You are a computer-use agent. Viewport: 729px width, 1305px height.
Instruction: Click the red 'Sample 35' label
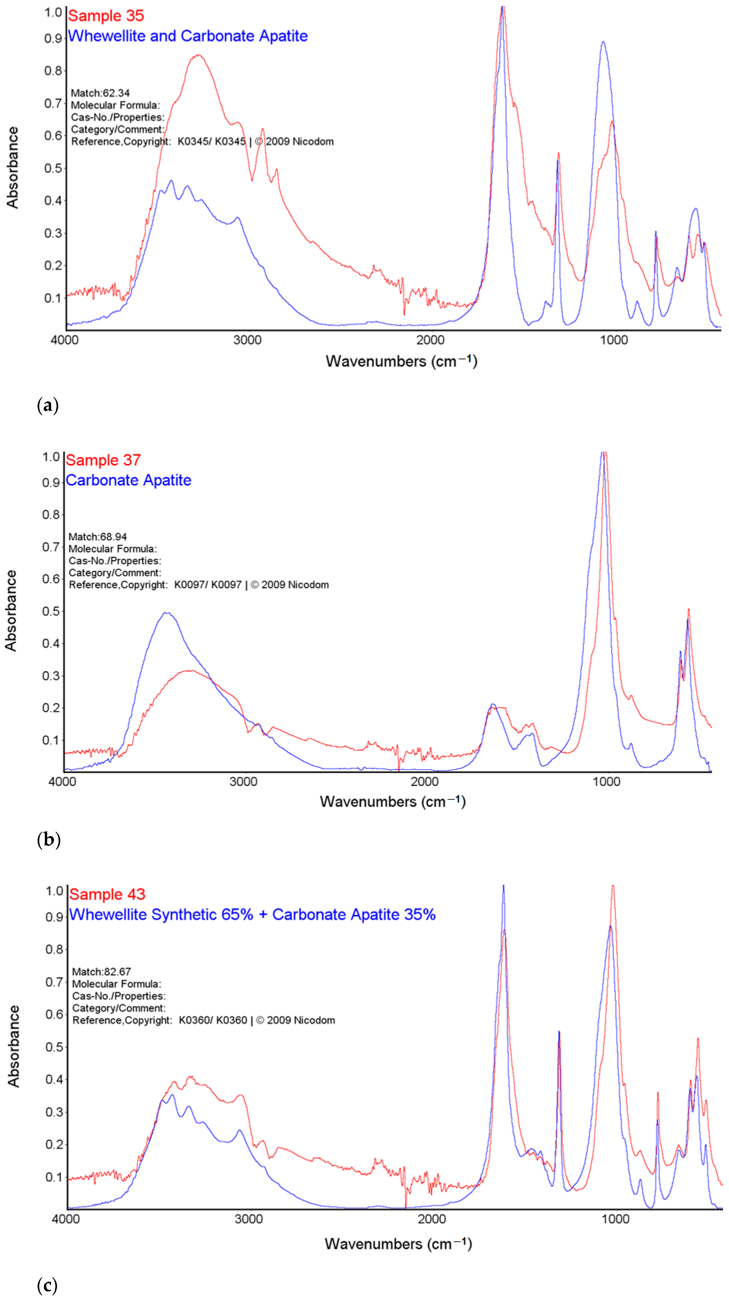pos(106,16)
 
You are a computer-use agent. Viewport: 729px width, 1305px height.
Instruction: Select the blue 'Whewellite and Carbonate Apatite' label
pos(188,36)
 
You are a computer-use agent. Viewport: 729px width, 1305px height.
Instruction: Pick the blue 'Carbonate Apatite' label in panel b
pos(128,480)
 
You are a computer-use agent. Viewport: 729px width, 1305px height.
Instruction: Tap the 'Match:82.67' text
pos(101,972)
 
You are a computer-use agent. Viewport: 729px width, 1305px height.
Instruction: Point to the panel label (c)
pos(47,1285)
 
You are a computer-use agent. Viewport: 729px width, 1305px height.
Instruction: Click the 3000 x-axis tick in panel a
pos(247,340)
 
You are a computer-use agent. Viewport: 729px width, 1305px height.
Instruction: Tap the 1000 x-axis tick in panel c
pos(615,1219)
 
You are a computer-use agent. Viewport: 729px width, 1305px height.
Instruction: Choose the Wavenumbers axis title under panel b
pos(392,802)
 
